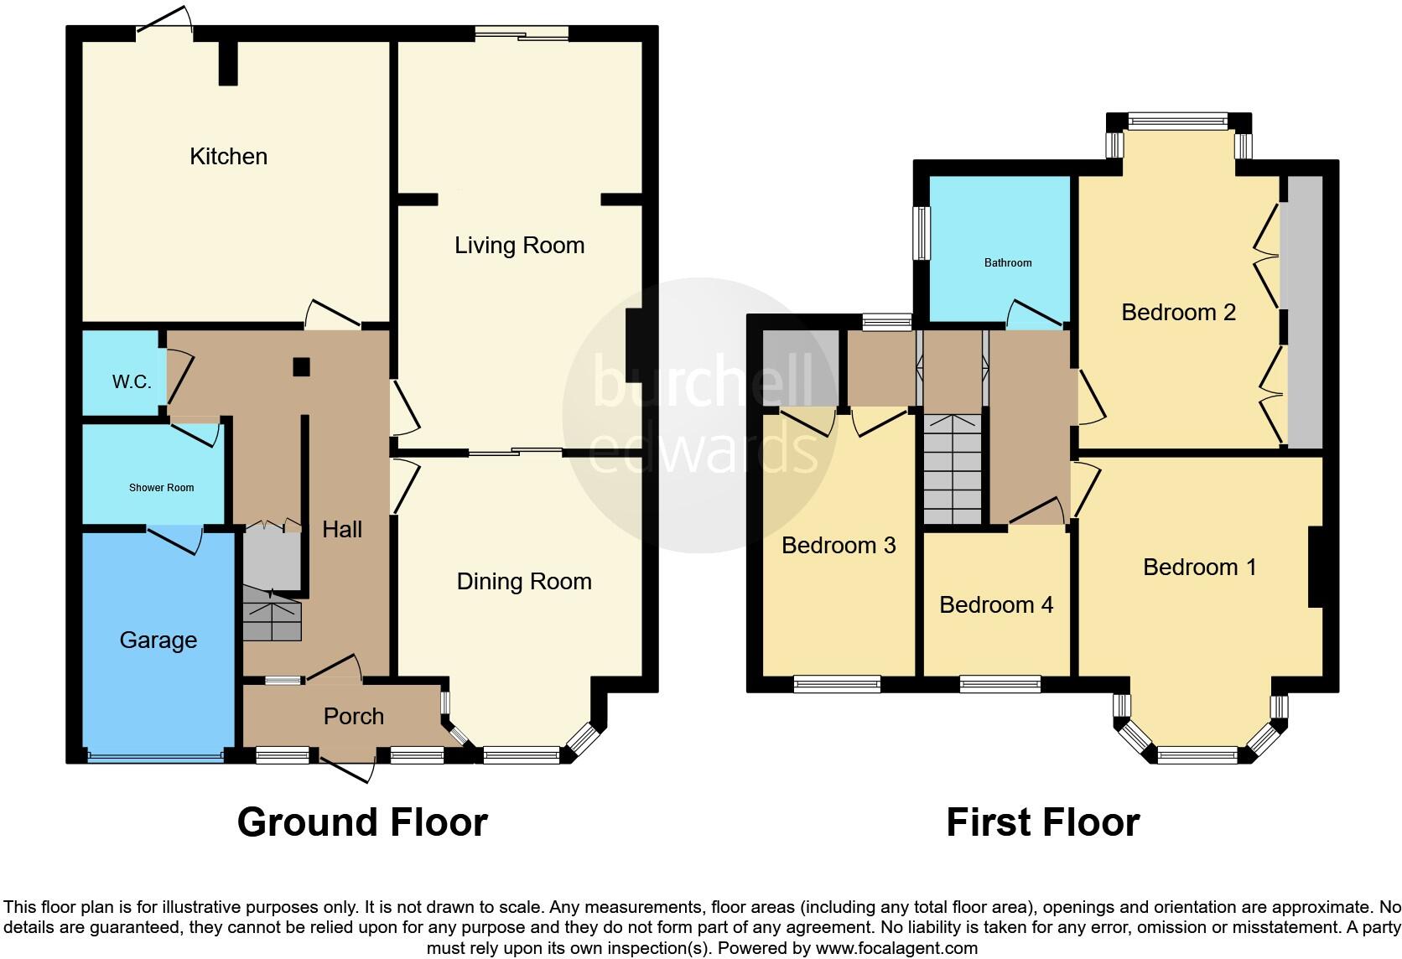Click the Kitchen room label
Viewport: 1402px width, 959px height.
pyautogui.click(x=228, y=157)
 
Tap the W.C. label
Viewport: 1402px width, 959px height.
pyautogui.click(x=132, y=382)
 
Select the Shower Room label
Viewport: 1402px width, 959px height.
pyautogui.click(x=161, y=488)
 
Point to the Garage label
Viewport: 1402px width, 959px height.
pyautogui.click(x=158, y=640)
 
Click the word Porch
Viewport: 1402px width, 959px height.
pyautogui.click(x=353, y=717)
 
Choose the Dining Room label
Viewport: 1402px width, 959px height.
pyautogui.click(x=523, y=582)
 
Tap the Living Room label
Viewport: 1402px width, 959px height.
pyautogui.click(x=519, y=246)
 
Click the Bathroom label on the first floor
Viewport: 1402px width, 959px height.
pyautogui.click(x=1007, y=263)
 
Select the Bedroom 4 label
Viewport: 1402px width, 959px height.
pyautogui.click(x=995, y=605)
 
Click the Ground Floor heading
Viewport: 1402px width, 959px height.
pyautogui.click(x=362, y=822)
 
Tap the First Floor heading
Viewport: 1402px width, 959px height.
pyautogui.click(x=1042, y=822)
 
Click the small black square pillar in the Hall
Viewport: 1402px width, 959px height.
pyautogui.click(x=301, y=366)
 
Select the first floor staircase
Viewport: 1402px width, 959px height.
pyautogui.click(x=952, y=469)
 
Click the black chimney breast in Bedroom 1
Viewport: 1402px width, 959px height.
pyautogui.click(x=1316, y=567)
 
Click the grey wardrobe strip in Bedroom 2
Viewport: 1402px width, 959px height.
pyautogui.click(x=1305, y=312)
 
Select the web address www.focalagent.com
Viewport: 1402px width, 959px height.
pyautogui.click(x=896, y=949)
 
